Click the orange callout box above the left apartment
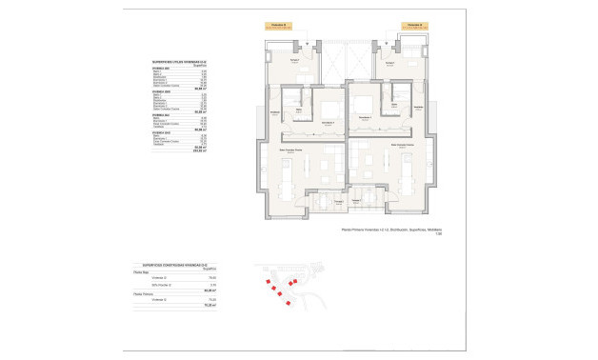(x=277, y=26)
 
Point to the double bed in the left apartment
(x=330, y=107)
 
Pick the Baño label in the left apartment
(x=299, y=110)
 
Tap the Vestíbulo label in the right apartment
(x=418, y=109)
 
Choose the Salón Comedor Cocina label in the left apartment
(x=291, y=150)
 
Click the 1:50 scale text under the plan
(x=439, y=235)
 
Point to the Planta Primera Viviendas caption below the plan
(x=391, y=230)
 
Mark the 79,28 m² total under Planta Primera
(x=211, y=305)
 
